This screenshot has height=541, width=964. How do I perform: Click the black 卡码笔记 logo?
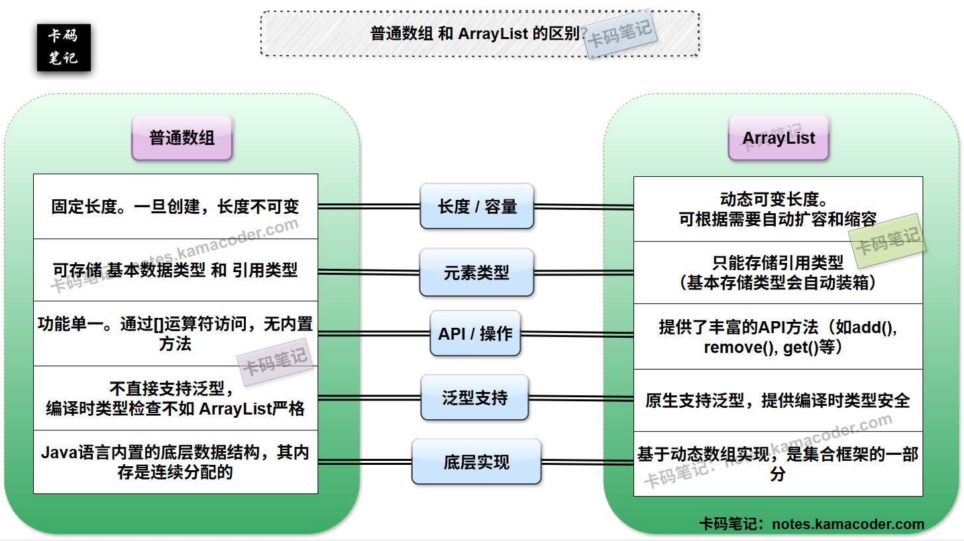click(x=64, y=48)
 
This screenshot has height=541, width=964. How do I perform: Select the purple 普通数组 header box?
click(x=182, y=138)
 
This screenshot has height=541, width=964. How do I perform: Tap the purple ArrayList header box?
click(x=778, y=138)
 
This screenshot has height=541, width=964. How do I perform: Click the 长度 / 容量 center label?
click(x=477, y=207)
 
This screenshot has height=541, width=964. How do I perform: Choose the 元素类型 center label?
click(x=476, y=272)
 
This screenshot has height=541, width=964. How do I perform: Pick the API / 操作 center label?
click(x=475, y=334)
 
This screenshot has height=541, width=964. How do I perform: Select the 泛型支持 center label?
click(x=474, y=397)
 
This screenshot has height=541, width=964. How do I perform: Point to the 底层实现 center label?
click(x=476, y=462)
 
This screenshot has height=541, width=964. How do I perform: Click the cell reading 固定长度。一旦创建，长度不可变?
click(x=176, y=207)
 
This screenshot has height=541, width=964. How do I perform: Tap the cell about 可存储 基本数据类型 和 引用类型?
click(x=176, y=270)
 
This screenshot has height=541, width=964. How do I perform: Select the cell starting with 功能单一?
click(x=176, y=334)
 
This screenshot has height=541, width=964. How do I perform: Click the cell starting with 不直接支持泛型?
click(x=176, y=398)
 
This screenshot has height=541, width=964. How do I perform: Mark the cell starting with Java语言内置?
click(x=176, y=462)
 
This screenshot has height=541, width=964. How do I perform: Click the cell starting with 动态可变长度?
click(x=778, y=209)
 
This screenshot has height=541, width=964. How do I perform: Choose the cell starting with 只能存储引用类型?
click(x=778, y=273)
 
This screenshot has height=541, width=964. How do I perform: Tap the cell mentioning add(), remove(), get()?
click(x=778, y=336)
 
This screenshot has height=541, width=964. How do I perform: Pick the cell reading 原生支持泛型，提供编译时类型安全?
click(x=778, y=401)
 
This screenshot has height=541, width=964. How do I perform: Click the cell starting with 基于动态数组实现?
click(x=778, y=464)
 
